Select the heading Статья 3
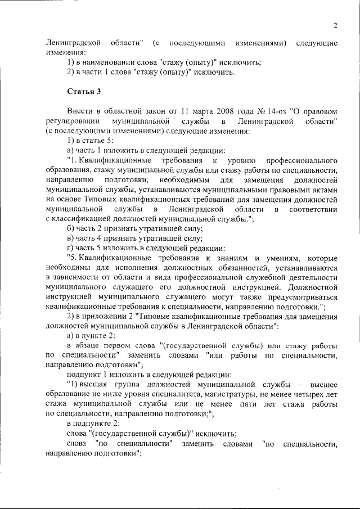[x=84, y=91]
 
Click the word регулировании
[x=72, y=121]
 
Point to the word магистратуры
[x=220, y=394]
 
